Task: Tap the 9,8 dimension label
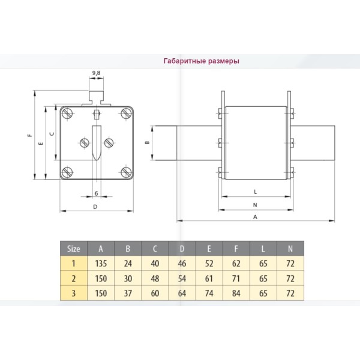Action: (96, 73)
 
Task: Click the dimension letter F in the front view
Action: (29, 136)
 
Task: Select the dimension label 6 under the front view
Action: (96, 193)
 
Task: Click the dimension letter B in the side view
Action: (147, 143)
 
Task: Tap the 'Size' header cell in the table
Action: (73, 248)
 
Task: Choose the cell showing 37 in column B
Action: (128, 293)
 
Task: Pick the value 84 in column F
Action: (236, 293)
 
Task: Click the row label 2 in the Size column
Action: (73, 278)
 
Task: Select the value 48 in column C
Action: (155, 278)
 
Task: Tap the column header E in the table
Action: (209, 248)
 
